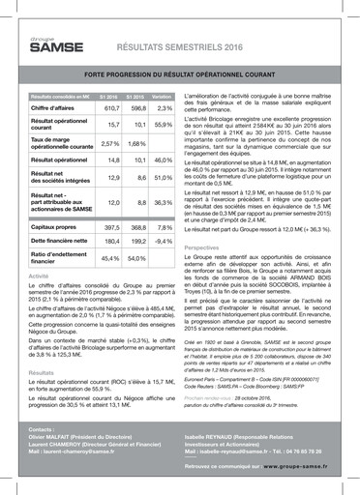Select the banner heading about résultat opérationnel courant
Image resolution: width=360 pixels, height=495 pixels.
point(179,73)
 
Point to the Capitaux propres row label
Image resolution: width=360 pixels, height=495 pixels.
point(55,226)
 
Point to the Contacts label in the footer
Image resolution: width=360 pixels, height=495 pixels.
point(42,427)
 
